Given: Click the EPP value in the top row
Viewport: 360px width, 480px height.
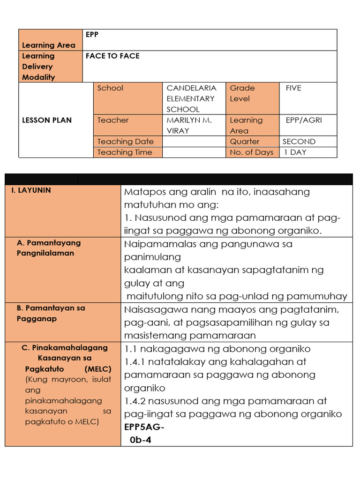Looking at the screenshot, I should click(92, 35).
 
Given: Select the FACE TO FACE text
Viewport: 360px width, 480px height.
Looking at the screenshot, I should click(112, 56).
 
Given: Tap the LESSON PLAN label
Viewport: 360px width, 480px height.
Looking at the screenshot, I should click(47, 120).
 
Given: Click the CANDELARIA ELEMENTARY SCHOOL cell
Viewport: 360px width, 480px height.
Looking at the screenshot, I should click(191, 98).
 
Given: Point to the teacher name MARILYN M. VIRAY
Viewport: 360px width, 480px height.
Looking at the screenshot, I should click(189, 125).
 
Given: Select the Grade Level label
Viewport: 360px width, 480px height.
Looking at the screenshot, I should click(242, 93).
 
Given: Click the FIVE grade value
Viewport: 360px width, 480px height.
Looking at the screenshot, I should click(293, 88).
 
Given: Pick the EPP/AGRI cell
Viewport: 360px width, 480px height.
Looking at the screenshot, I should click(304, 120).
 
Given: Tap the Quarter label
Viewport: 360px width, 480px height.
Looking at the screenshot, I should click(244, 142).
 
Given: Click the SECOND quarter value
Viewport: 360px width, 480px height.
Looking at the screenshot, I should click(299, 142).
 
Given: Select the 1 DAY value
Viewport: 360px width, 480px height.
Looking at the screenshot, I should click(294, 152).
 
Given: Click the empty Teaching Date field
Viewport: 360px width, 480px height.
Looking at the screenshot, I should click(194, 142).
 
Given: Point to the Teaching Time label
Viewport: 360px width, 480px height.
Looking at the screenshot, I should click(125, 152).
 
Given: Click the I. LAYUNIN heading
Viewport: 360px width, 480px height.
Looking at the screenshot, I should click(31, 190).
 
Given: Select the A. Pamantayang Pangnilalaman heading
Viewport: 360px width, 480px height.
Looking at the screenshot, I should click(48, 248).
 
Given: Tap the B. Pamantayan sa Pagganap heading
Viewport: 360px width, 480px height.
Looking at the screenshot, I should click(51, 313).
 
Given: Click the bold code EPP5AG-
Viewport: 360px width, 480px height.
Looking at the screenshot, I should click(144, 427).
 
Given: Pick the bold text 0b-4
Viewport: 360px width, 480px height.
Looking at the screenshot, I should click(141, 440).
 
